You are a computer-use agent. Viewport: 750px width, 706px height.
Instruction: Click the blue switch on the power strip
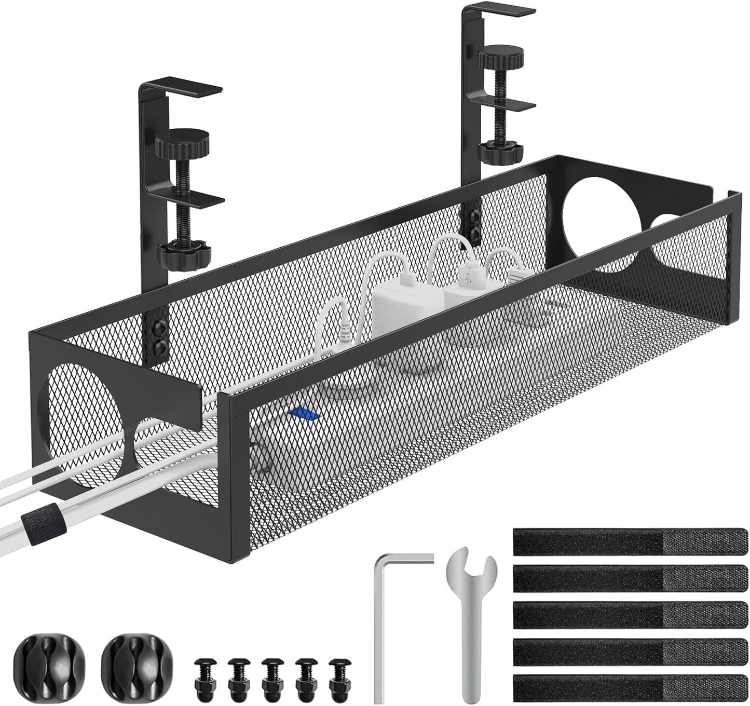[305, 414]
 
